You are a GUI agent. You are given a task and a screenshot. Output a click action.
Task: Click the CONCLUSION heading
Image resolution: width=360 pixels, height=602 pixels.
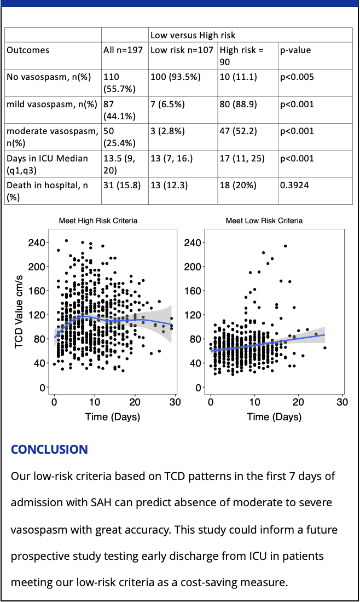[x=49, y=450]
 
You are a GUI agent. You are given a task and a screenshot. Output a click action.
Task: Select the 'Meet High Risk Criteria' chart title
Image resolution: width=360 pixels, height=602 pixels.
[x=98, y=221]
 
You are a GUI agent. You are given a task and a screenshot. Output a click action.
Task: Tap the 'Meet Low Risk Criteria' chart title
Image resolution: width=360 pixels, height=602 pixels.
[x=264, y=221]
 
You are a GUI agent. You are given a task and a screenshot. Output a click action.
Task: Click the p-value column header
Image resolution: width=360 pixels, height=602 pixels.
[x=296, y=50]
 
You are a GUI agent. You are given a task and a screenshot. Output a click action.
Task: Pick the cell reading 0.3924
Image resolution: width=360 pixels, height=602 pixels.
[x=294, y=186]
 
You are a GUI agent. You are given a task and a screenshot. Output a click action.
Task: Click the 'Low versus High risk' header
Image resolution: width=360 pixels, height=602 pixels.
[x=193, y=36]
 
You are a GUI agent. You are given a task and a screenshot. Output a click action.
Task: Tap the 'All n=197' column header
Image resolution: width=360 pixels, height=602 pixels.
[x=124, y=50]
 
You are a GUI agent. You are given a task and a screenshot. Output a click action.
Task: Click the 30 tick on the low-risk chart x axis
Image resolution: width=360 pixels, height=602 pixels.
[x=342, y=403]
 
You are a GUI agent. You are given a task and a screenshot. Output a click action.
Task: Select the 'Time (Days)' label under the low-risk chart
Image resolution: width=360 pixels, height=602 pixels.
[x=274, y=417]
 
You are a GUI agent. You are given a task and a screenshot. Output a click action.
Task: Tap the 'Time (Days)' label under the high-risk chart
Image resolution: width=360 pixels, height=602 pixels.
[x=113, y=417]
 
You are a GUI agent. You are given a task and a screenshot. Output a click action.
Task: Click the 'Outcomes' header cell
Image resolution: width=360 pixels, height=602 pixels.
[x=28, y=50]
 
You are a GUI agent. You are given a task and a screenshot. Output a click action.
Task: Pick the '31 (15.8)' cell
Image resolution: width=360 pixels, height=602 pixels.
[x=122, y=186]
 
